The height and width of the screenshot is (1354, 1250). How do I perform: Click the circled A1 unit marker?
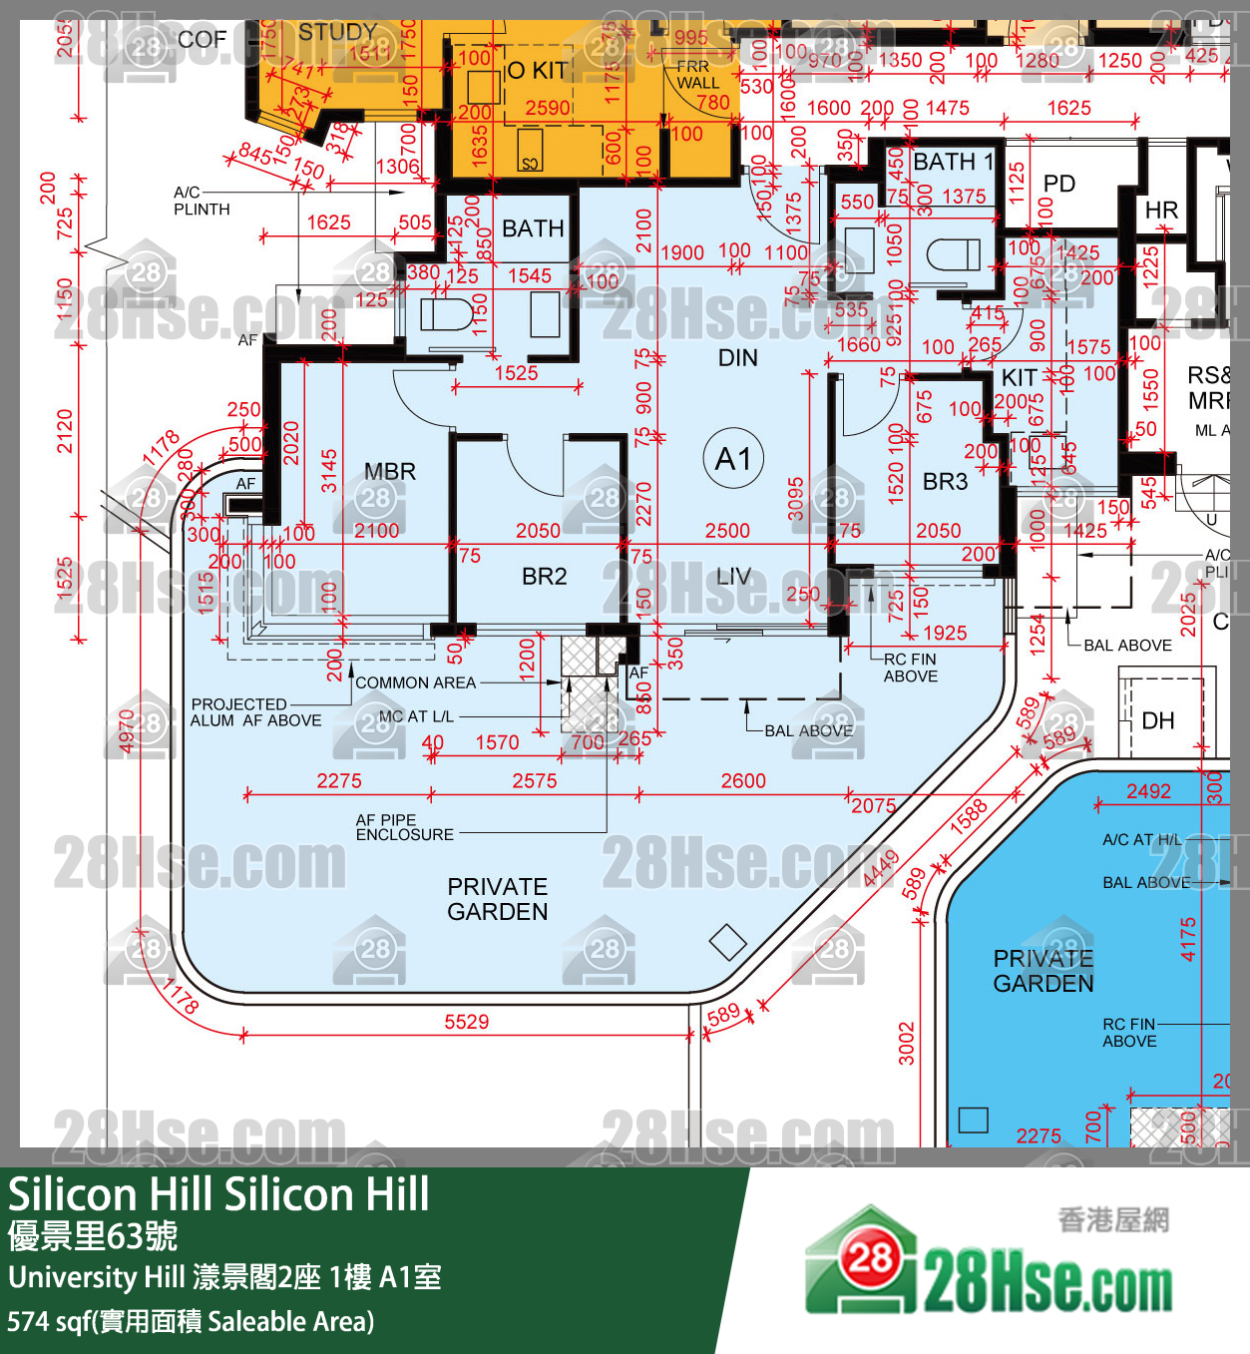click(x=734, y=459)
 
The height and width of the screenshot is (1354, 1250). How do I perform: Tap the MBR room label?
click(x=389, y=472)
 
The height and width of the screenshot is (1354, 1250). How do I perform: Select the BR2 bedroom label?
click(x=544, y=577)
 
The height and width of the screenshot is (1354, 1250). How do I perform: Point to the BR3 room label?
click(x=945, y=482)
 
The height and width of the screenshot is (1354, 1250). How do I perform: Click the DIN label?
click(x=737, y=358)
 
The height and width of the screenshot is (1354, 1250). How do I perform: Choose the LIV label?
click(x=733, y=577)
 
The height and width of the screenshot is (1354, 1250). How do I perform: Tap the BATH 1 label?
click(x=953, y=162)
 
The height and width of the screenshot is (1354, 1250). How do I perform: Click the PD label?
click(x=1058, y=184)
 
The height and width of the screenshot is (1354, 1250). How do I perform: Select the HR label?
click(x=1161, y=211)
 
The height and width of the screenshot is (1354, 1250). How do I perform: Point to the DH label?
click(x=1157, y=720)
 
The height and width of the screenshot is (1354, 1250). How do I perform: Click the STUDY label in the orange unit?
click(x=337, y=32)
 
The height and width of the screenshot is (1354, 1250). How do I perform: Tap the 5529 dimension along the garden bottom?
click(x=466, y=1022)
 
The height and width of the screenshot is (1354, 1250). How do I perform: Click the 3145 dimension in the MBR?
click(x=329, y=471)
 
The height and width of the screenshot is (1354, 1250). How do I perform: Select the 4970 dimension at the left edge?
click(x=127, y=730)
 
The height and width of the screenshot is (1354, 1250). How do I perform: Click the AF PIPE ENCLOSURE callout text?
click(x=404, y=827)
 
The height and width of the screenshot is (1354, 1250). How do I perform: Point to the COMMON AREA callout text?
click(x=415, y=683)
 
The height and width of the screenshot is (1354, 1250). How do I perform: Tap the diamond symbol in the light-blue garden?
click(x=727, y=942)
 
